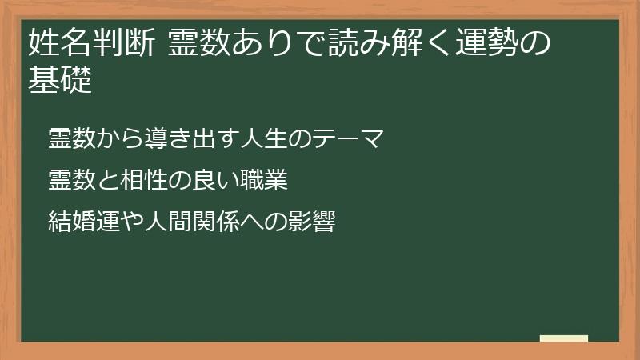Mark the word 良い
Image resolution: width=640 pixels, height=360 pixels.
pyautogui.click(x=217, y=180)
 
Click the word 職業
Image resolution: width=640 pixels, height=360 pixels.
pyautogui.click(x=265, y=180)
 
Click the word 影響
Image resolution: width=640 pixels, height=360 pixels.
pyautogui.click(x=310, y=220)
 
